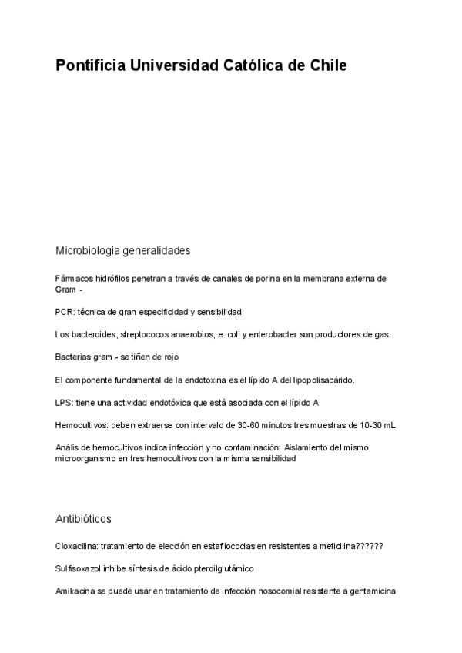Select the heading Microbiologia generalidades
click(x=122, y=250)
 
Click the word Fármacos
click(x=72, y=278)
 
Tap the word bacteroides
click(x=93, y=334)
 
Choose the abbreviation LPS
click(x=63, y=402)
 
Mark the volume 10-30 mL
click(x=377, y=424)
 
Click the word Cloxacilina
click(x=76, y=546)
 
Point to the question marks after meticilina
click(x=370, y=546)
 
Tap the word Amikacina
click(x=75, y=591)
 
